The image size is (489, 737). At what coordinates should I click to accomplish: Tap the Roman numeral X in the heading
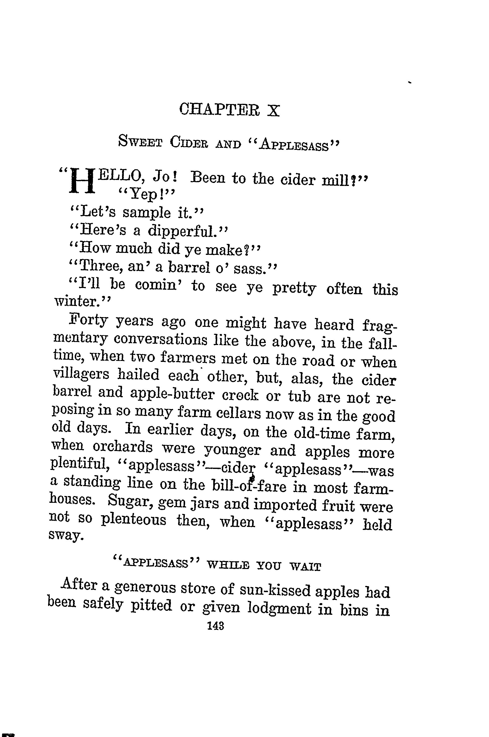coord(273,110)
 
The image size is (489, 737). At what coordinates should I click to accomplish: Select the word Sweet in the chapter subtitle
coord(140,142)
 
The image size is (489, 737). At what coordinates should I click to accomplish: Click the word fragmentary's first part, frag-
coord(380,326)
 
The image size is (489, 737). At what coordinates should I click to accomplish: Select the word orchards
coord(123,448)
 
